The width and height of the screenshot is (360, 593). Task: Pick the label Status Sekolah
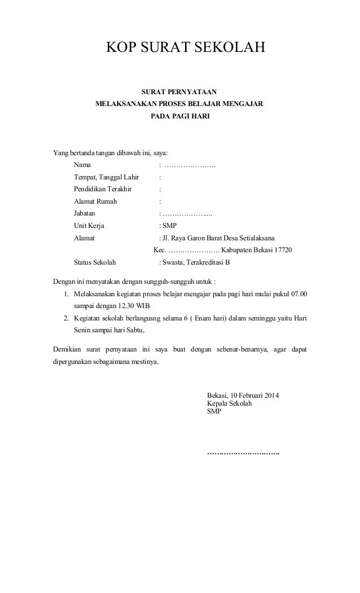(x=94, y=262)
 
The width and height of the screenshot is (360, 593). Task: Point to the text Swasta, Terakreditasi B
(x=196, y=262)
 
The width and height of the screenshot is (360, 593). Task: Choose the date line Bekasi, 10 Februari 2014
(x=247, y=395)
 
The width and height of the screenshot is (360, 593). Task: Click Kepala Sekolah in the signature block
(x=230, y=403)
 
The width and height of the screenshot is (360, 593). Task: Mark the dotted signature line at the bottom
(x=243, y=453)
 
